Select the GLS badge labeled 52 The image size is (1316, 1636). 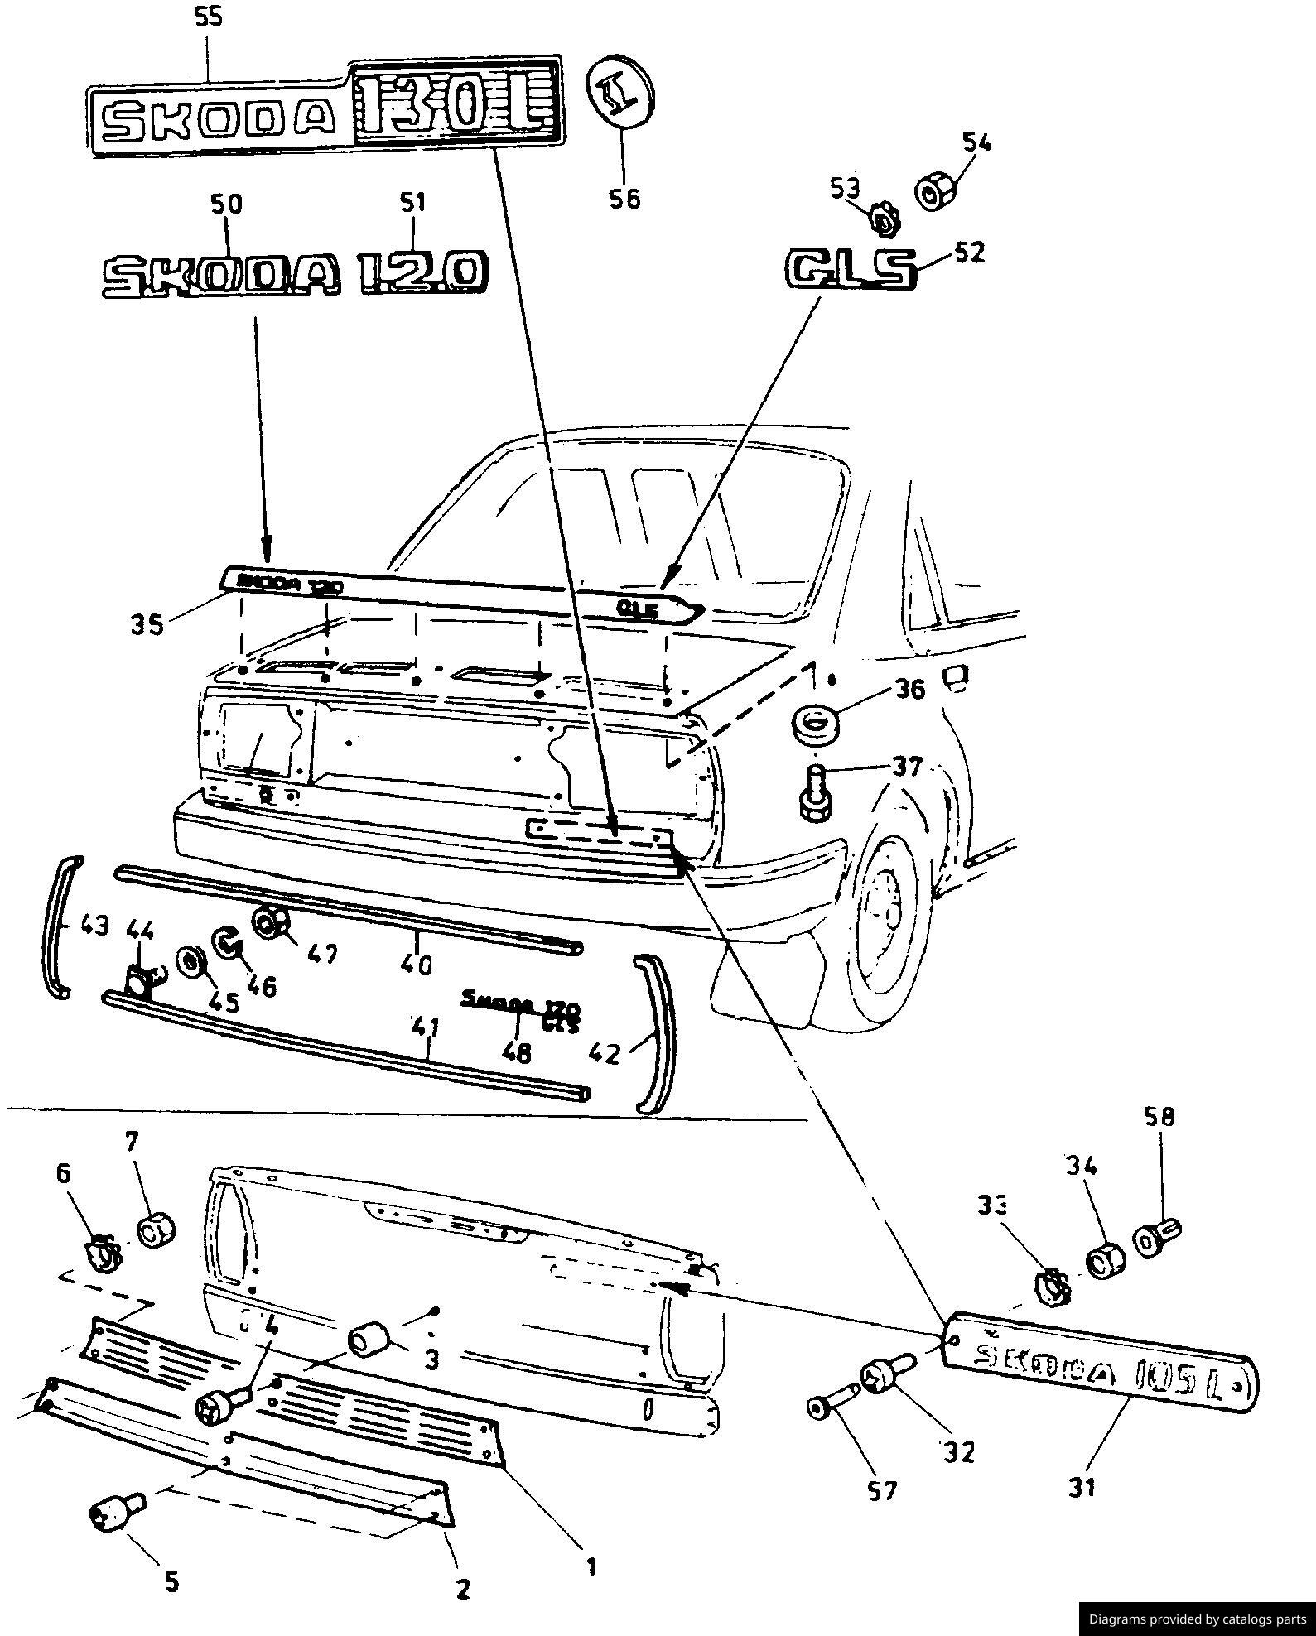(x=851, y=270)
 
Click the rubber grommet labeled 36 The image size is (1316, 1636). (x=816, y=724)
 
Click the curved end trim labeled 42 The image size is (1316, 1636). (x=657, y=1034)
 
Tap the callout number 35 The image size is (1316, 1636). (x=147, y=623)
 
